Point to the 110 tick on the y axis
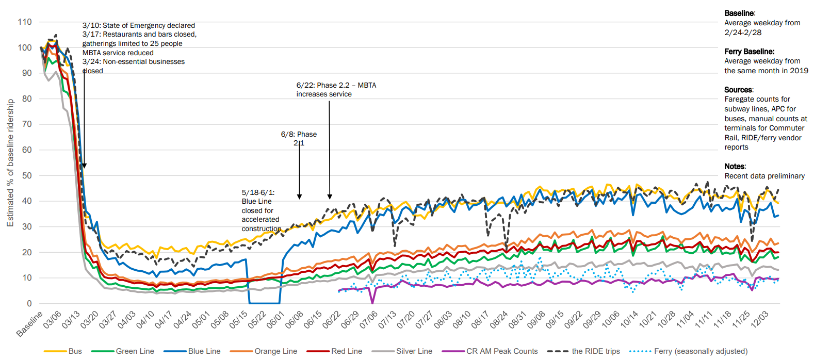pos(25,22)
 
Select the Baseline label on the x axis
pos(29,324)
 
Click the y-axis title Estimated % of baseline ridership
pos(10,163)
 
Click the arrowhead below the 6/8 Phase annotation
pos(299,197)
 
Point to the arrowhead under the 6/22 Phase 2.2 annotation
pos(330,197)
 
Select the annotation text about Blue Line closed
pos(261,210)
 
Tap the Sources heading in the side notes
pos(739,90)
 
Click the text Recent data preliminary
pos(764,176)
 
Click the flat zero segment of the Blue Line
pos(264,303)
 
